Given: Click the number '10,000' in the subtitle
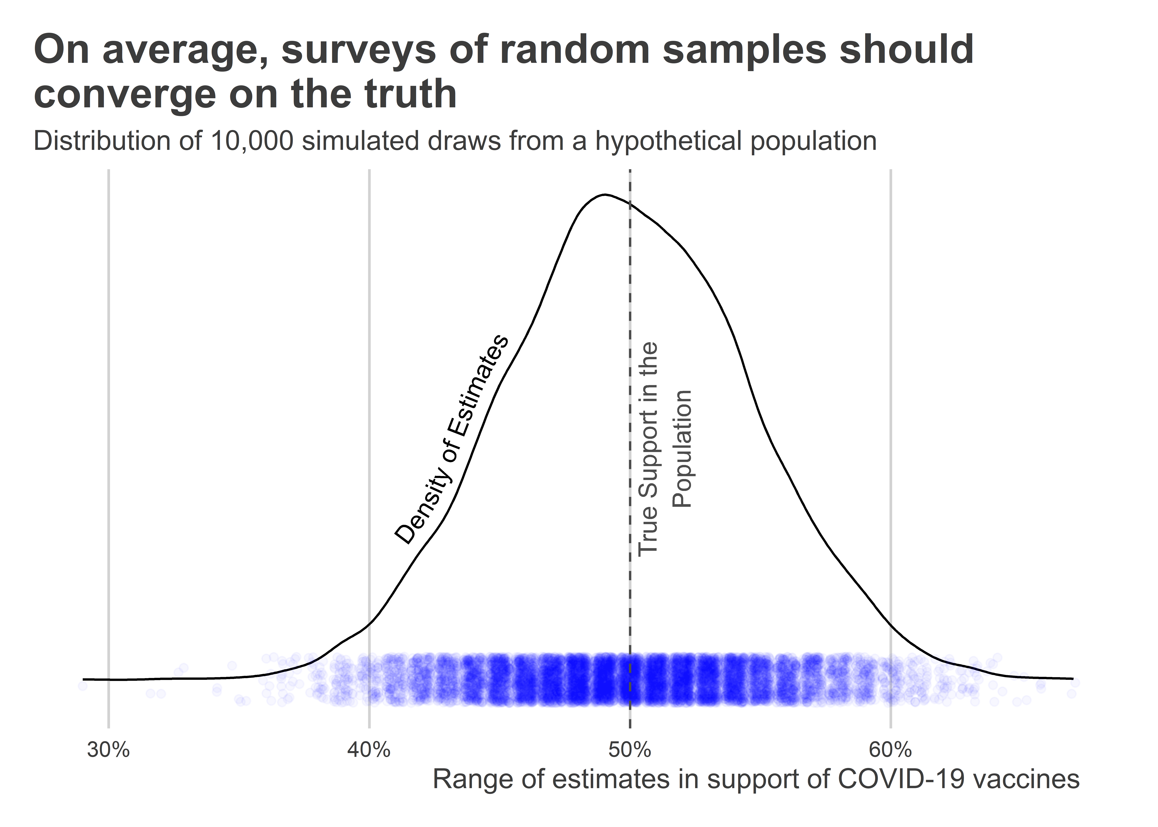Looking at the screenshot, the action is [252, 141].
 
